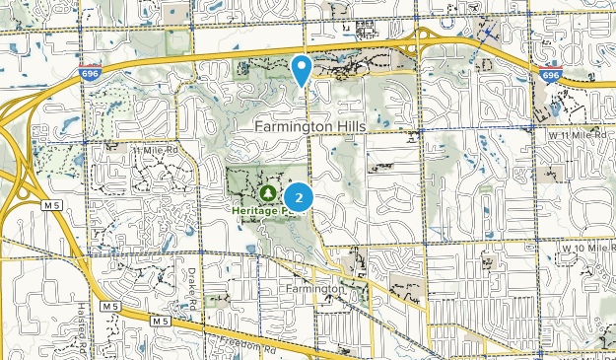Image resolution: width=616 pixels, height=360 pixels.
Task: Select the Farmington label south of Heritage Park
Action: click(312, 288)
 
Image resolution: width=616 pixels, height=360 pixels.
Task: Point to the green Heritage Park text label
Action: click(262, 210)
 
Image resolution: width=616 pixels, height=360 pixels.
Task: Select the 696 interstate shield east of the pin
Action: click(551, 76)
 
